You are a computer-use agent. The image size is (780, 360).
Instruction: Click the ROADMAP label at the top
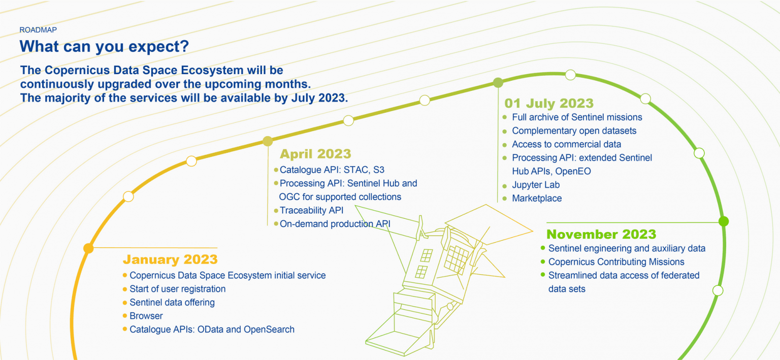click(x=38, y=30)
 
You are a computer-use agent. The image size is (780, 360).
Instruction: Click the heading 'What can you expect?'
click(x=104, y=46)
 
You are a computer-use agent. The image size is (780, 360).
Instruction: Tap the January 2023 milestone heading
click(x=170, y=259)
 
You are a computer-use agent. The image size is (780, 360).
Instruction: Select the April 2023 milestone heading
click(x=315, y=154)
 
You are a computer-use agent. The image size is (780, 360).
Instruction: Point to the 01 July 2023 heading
click(x=549, y=104)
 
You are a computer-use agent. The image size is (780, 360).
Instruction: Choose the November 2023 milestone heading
click(x=601, y=234)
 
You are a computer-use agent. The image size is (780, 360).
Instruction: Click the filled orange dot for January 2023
click(x=88, y=248)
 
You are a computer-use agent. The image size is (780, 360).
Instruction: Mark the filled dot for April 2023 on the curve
click(x=268, y=141)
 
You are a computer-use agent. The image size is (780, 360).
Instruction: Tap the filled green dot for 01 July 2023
click(x=498, y=83)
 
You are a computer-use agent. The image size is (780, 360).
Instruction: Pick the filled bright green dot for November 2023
click(x=724, y=221)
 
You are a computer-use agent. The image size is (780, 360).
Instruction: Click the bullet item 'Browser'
click(x=146, y=316)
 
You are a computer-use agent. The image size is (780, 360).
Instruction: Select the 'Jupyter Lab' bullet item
click(x=536, y=185)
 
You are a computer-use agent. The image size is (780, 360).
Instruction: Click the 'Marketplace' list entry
click(x=537, y=199)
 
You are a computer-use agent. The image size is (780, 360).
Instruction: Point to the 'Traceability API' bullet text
click(x=312, y=210)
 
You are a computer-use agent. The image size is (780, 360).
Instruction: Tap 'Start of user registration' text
click(x=178, y=289)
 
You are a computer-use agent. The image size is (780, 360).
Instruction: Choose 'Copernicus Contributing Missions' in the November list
click(x=616, y=262)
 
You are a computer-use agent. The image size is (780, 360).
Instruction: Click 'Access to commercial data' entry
click(x=567, y=144)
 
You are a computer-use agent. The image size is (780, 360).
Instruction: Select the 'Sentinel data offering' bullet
click(x=172, y=302)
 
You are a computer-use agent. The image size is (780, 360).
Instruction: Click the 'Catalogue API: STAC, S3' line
click(x=332, y=170)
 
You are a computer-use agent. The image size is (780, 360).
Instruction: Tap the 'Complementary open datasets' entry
click(x=574, y=130)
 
